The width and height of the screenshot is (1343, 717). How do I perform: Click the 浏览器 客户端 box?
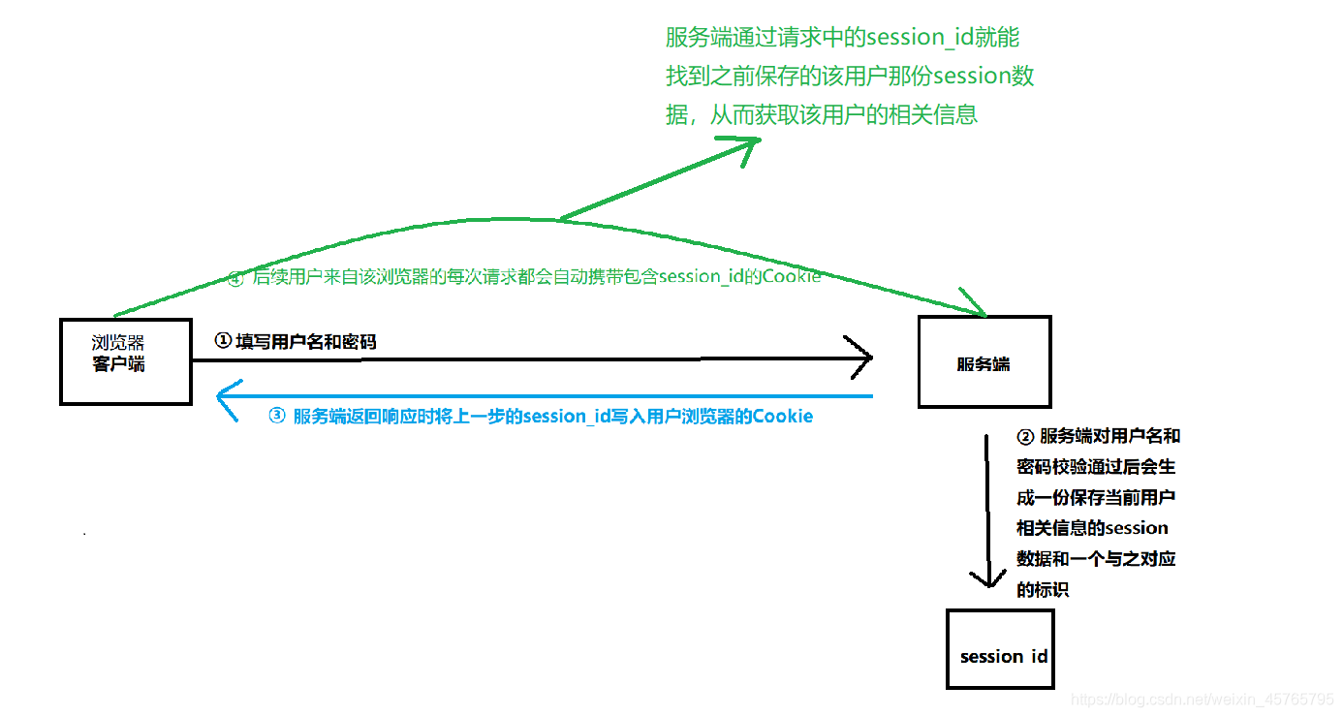coord(126,360)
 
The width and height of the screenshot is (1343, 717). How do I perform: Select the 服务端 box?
coord(984,361)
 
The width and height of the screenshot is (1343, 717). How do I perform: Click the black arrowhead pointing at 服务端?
coord(861,358)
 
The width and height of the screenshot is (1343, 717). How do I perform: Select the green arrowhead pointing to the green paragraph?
coord(741,146)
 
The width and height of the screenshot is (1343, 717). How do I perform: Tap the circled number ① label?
coord(223,341)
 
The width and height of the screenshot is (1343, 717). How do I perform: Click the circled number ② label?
coord(1025,436)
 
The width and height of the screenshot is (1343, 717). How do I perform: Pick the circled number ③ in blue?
coord(277,417)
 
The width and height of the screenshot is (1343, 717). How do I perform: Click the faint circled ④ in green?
coord(235,279)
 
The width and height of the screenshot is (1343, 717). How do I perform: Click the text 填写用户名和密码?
coord(305,341)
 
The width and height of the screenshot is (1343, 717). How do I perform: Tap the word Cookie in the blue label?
coord(783,417)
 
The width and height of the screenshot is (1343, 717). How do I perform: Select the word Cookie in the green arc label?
coord(792,277)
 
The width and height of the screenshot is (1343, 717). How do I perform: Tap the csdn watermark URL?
coord(1202,700)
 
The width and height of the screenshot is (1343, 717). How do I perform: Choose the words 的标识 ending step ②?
coord(1042,589)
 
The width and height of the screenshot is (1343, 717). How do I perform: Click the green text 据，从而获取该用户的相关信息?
coord(822,114)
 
